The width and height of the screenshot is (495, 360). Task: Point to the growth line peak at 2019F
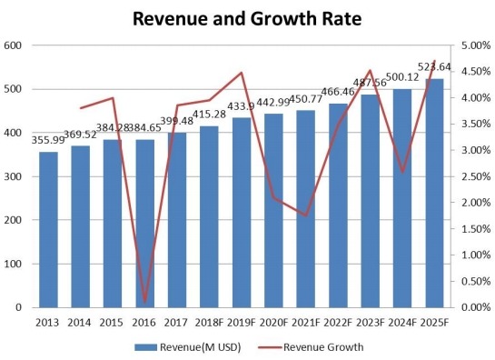[x=241, y=73]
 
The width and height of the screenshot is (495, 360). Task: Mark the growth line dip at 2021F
[x=306, y=216]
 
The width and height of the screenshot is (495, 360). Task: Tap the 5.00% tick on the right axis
[x=476, y=45]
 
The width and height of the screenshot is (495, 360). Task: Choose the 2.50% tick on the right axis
[x=476, y=176]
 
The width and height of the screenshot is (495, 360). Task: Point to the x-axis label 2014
[x=80, y=322]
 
